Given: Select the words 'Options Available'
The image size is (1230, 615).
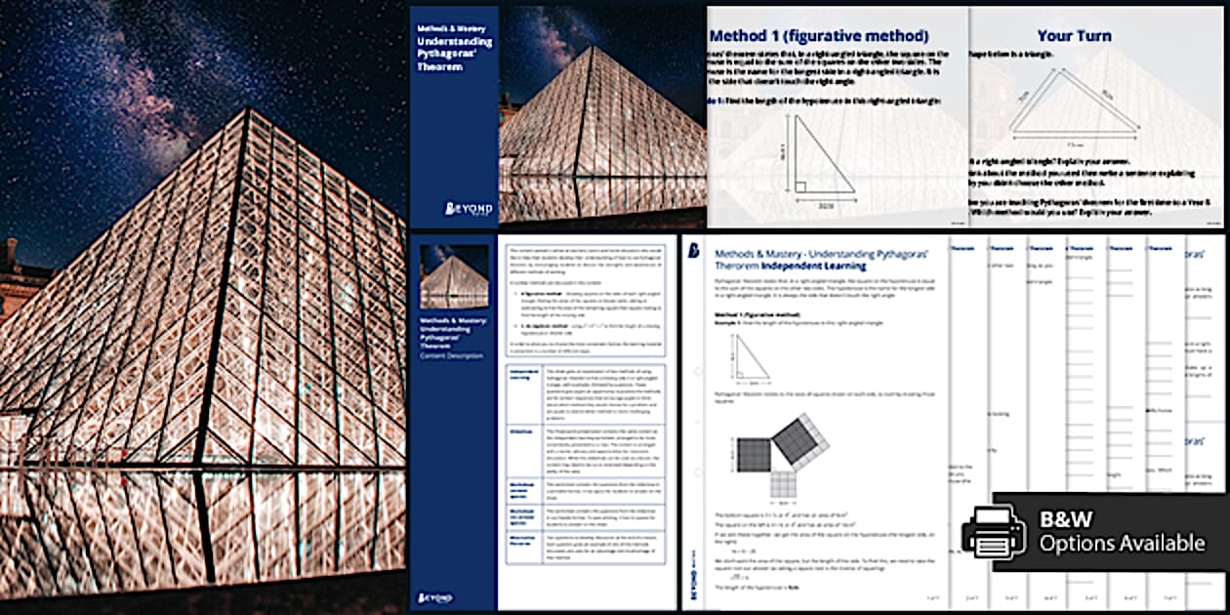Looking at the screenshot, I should tap(1122, 544).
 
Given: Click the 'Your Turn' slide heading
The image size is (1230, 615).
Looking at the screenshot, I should tap(1074, 36).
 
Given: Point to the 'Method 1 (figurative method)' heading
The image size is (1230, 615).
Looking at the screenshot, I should tap(819, 36).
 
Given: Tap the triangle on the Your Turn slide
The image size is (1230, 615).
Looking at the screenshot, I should tap(1074, 102).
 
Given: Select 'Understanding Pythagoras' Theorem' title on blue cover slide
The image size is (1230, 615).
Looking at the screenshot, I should tap(454, 54).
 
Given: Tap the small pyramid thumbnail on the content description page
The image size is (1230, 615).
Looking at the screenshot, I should tap(454, 275).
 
